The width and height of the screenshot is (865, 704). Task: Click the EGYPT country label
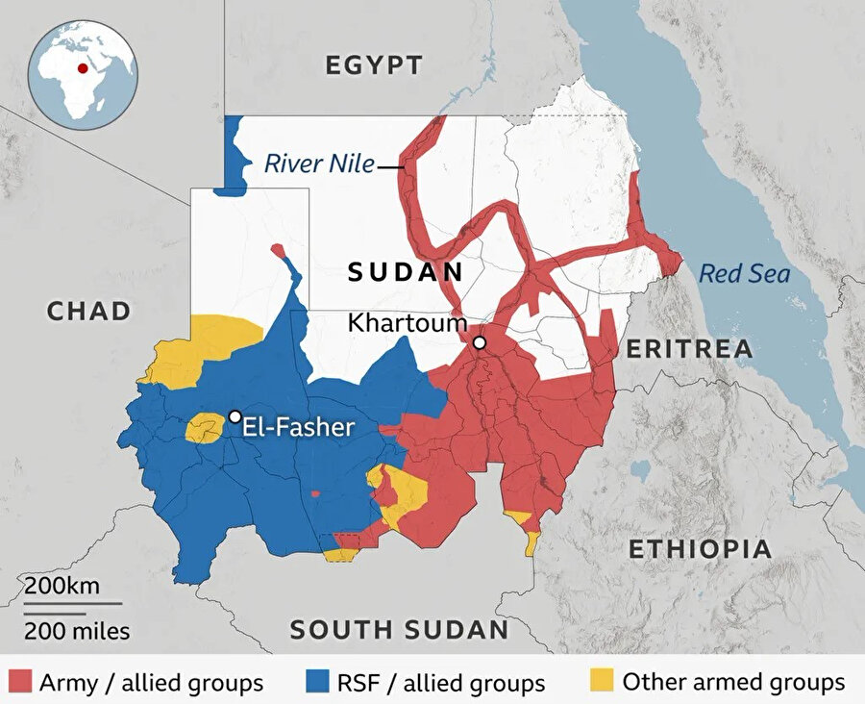(x=373, y=65)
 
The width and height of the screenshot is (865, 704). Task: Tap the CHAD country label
(x=88, y=311)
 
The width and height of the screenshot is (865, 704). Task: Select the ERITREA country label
(x=689, y=349)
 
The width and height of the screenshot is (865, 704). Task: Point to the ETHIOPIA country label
(x=699, y=549)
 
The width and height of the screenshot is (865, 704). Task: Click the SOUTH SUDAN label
(x=399, y=630)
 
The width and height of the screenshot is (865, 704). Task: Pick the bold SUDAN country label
(x=405, y=272)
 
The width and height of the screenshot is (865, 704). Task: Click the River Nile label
(x=318, y=163)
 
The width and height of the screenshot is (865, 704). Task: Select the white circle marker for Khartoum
(x=479, y=342)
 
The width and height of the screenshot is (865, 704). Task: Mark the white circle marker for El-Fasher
(x=235, y=416)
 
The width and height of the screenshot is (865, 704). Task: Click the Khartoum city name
(x=408, y=323)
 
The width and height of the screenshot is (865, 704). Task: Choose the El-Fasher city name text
(x=299, y=427)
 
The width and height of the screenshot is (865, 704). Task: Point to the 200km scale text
(x=62, y=586)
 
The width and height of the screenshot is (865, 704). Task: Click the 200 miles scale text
(x=77, y=632)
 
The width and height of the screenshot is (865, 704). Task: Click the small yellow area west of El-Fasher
(x=203, y=427)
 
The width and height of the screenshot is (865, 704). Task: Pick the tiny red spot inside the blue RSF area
(x=315, y=493)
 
